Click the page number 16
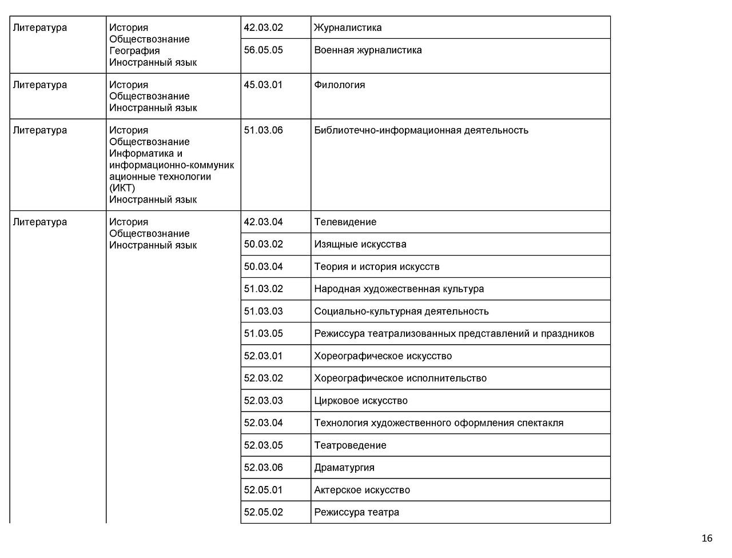(x=707, y=539)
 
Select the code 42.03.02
(x=263, y=27)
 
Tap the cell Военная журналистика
(x=368, y=50)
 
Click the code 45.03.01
(x=263, y=85)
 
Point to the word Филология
(x=339, y=85)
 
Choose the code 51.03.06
(x=263, y=130)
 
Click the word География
(x=134, y=51)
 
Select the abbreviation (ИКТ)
(x=122, y=188)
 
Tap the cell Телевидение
(x=345, y=222)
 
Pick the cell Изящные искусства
(x=360, y=244)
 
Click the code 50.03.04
(x=263, y=266)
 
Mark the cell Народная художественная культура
(x=399, y=289)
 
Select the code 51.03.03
(x=263, y=311)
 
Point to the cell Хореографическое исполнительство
(x=400, y=378)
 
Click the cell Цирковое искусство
(x=360, y=400)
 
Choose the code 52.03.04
(x=263, y=423)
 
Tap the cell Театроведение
(x=350, y=445)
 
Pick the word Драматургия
(x=344, y=467)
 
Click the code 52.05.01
(x=263, y=489)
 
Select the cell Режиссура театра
(x=356, y=512)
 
